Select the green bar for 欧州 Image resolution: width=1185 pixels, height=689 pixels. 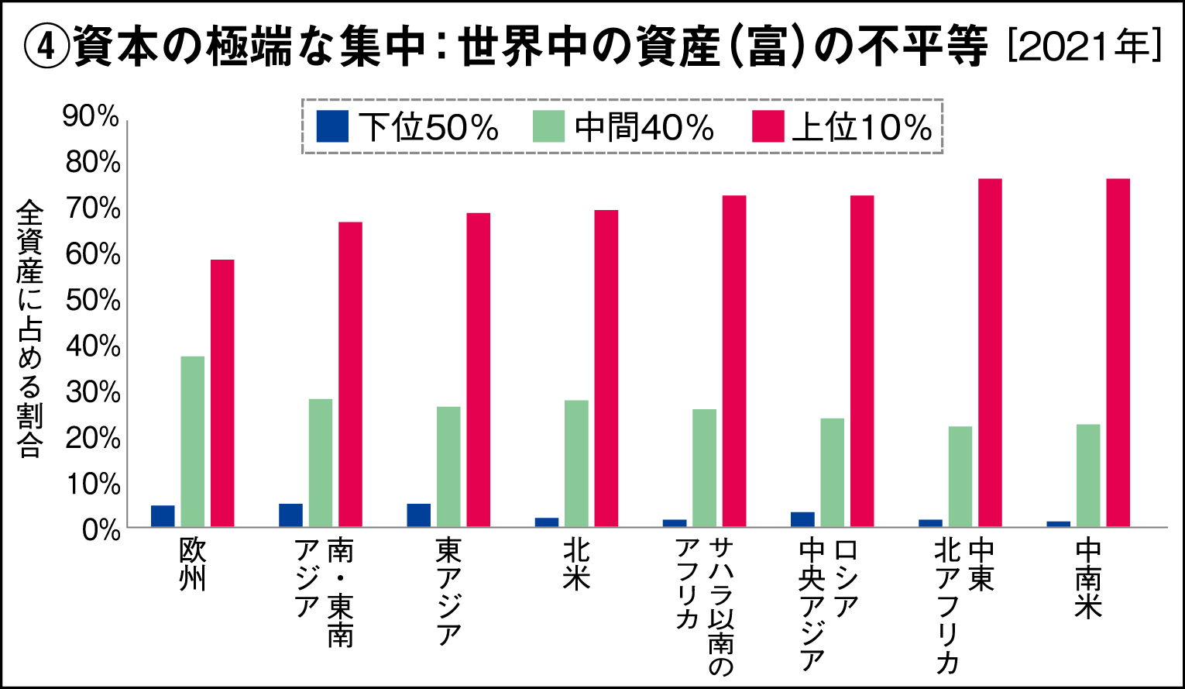click(192, 441)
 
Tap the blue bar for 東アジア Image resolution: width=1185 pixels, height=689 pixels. click(419, 515)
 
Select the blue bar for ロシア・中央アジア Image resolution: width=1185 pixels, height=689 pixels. click(802, 519)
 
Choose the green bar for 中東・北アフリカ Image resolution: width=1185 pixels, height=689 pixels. click(960, 477)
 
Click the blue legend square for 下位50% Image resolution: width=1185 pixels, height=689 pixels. click(333, 126)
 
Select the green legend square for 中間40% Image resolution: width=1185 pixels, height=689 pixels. click(549, 126)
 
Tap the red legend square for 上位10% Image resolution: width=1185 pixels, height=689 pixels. click(768, 126)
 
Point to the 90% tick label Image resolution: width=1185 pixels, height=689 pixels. click(91, 116)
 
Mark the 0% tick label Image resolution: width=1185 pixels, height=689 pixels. click(99, 531)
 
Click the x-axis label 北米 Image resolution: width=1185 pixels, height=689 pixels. click(577, 565)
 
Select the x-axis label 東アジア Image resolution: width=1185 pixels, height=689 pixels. click(449, 592)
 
